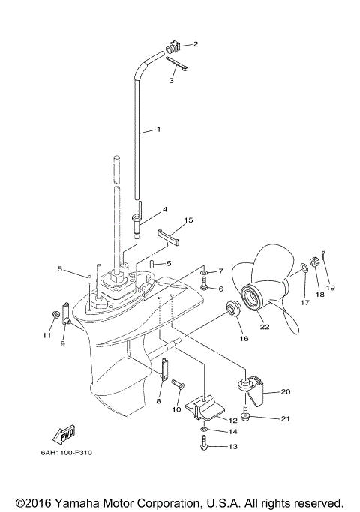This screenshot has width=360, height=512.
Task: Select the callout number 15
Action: click(x=187, y=220)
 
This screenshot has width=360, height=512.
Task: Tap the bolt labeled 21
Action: click(x=246, y=411)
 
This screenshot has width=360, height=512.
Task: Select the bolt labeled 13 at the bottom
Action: click(x=205, y=446)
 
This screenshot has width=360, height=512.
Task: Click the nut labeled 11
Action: click(x=55, y=313)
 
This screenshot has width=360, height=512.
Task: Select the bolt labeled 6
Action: click(x=204, y=287)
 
